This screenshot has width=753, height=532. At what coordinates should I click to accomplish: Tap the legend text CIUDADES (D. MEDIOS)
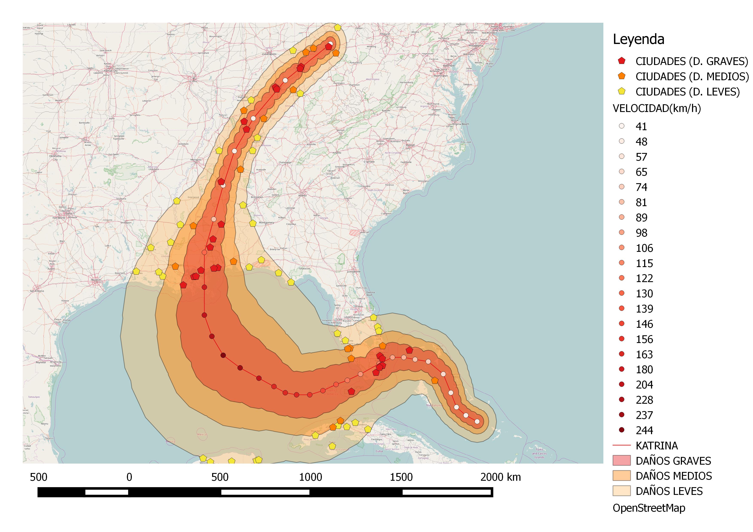(692, 77)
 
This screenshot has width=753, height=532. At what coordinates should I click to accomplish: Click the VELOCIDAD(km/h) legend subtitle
(657, 108)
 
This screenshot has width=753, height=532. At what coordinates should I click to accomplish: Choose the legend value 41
(641, 126)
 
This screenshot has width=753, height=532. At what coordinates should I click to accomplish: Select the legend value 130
(644, 293)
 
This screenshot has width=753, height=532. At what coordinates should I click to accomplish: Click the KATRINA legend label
(657, 446)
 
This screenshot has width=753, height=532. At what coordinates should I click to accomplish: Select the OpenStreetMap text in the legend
(649, 508)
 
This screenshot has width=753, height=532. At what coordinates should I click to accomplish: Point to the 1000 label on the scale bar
(310, 477)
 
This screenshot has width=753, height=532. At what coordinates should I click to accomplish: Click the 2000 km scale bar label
(500, 477)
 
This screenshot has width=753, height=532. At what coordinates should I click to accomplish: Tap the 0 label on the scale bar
(129, 477)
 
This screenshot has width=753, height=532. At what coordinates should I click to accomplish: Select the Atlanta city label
(302, 196)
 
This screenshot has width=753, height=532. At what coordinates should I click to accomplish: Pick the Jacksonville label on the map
(354, 272)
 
